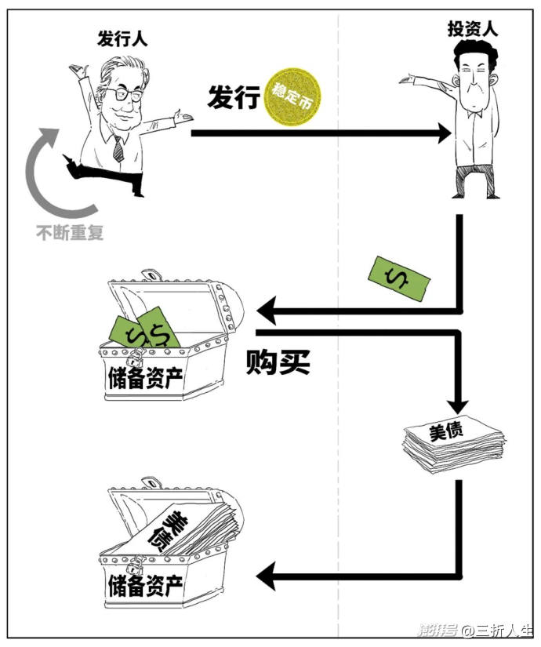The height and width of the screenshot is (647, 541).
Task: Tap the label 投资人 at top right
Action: [x=472, y=29]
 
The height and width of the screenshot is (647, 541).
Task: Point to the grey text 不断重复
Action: [x=70, y=232]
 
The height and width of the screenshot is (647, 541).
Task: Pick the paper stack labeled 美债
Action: [x=452, y=444]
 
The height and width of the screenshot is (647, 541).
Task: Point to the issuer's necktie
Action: [x=118, y=148]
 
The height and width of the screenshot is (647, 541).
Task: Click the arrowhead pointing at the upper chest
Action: [x=267, y=312]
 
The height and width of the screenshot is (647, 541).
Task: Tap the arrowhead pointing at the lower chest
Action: [x=267, y=578]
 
